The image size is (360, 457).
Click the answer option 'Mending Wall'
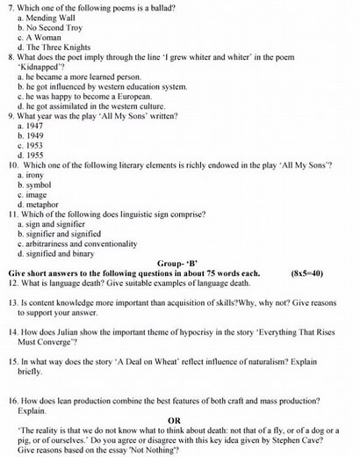click(54, 18)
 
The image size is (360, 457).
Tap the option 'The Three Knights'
click(61, 47)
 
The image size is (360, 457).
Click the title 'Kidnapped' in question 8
click(40, 67)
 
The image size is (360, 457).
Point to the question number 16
click(12, 400)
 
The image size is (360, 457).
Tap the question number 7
click(10, 8)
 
